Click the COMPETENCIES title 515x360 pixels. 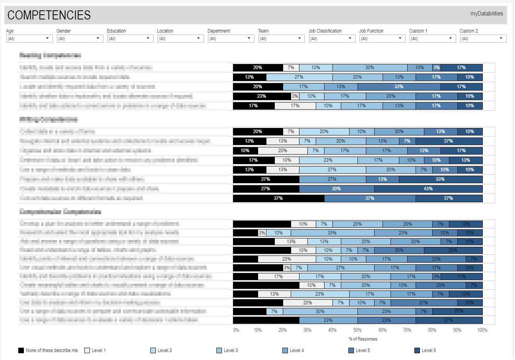tap(49, 15)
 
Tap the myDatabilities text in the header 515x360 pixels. tap(486, 14)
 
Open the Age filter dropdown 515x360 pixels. tap(29, 39)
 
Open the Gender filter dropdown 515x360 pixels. tap(80, 39)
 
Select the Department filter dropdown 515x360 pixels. tap(231, 39)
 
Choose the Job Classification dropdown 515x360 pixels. tap(332, 39)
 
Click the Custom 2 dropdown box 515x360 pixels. tap(483, 39)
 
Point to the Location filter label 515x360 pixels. tap(165, 31)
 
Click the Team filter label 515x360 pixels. tap(263, 31)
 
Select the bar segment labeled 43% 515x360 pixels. tap(428, 189)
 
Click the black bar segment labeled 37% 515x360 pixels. tap(278, 198)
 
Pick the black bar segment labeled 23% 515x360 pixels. tap(262, 96)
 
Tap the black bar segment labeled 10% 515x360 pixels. tap(245, 151)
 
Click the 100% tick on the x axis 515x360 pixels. tap(482, 330)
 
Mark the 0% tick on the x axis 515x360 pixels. tap(236, 330)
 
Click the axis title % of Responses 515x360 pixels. tap(363, 339)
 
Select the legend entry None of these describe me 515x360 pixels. tap(49, 350)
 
